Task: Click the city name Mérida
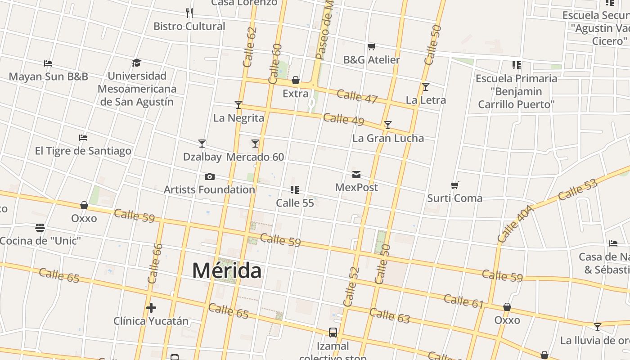pyautogui.click(x=226, y=270)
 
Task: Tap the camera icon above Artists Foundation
pyautogui.click(x=209, y=176)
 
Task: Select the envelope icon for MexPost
pyautogui.click(x=356, y=174)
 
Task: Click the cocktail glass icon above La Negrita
pyautogui.click(x=238, y=105)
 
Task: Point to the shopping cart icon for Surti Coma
pyautogui.click(x=455, y=185)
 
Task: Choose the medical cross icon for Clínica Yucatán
pyautogui.click(x=151, y=308)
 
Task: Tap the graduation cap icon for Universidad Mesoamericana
pyautogui.click(x=137, y=63)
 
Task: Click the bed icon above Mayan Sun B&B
pyautogui.click(x=48, y=63)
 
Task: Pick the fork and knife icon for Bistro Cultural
pyautogui.click(x=189, y=13)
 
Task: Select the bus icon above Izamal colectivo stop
pyautogui.click(x=333, y=333)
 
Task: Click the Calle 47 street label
pyautogui.click(x=357, y=97)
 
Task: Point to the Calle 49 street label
pyautogui.click(x=343, y=119)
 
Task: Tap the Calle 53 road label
pyautogui.click(x=577, y=189)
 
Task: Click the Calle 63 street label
pyautogui.click(x=390, y=315)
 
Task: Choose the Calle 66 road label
pyautogui.click(x=155, y=263)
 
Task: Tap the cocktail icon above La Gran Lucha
pyautogui.click(x=387, y=125)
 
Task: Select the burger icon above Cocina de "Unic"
pyautogui.click(x=40, y=228)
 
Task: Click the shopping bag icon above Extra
pyautogui.click(x=296, y=81)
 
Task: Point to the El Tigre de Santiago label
pyautogui.click(x=83, y=151)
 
